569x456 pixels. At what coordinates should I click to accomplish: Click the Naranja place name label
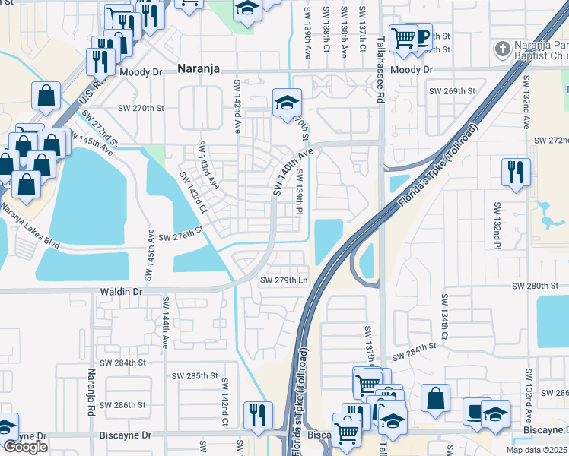[198, 68]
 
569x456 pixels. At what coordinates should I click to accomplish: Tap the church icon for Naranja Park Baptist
[502, 50]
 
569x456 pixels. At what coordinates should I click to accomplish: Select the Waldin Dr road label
[121, 291]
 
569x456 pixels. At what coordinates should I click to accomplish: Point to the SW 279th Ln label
[283, 280]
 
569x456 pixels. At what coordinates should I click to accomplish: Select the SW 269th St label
[452, 91]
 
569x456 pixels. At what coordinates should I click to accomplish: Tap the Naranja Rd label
[91, 391]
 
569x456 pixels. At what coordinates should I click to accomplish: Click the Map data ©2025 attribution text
[537, 450]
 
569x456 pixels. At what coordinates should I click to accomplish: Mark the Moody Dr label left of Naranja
[141, 71]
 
